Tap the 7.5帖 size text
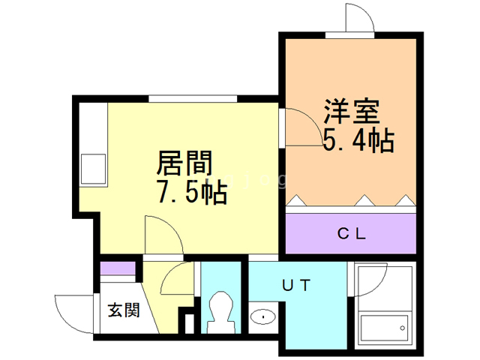pos(191,193)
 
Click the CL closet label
pos(350,234)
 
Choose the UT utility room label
pos(296,284)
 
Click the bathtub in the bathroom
pos(383,326)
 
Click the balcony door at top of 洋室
pos(358,19)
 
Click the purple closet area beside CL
pos(315,234)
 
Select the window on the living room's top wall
pos(193,98)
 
